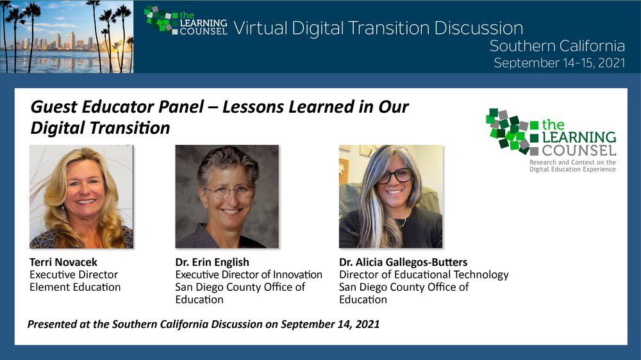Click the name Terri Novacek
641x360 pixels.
[63, 262]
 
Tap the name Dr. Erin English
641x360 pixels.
[212, 263]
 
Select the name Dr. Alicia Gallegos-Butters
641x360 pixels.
[403, 262]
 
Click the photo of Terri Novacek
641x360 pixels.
[81, 197]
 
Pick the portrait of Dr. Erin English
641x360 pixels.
[227, 197]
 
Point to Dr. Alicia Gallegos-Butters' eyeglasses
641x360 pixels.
[394, 176]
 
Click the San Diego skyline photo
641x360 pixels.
[67, 37]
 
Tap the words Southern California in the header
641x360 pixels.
[557, 46]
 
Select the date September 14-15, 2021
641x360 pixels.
[559, 63]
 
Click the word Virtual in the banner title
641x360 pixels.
[260, 28]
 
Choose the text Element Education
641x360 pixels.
[75, 287]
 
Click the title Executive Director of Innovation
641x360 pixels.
[249, 275]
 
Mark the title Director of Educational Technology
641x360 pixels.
[424, 275]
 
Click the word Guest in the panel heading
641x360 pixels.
[54, 107]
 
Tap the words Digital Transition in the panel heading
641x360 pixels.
[100, 128]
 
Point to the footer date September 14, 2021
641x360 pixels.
[330, 325]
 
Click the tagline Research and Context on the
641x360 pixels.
[572, 162]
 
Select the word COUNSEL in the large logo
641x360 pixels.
[579, 151]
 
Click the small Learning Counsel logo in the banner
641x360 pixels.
[186, 20]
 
